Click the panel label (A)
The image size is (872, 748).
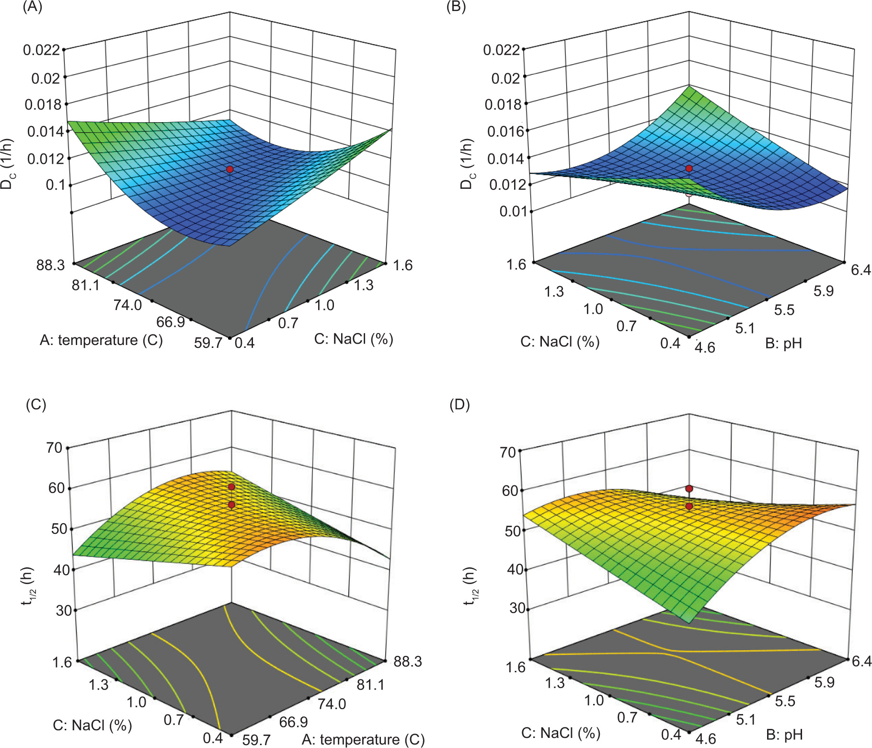pyautogui.click(x=33, y=7)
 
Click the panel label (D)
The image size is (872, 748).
pyautogui.click(x=459, y=405)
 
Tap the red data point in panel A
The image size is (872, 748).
pyautogui.click(x=230, y=169)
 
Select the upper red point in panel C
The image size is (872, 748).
pyautogui.click(x=231, y=487)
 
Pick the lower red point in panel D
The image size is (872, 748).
pyautogui.click(x=689, y=506)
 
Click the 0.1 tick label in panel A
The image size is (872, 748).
pyautogui.click(x=55, y=184)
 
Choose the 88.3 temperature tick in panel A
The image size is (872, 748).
pyautogui.click(x=50, y=265)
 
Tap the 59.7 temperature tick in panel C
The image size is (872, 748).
pyautogui.click(x=256, y=739)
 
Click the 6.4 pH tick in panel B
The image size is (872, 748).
pyautogui.click(x=861, y=270)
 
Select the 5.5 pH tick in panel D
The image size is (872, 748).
pyautogui.click(x=785, y=702)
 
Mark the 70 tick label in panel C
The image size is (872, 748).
pyautogui.click(x=54, y=448)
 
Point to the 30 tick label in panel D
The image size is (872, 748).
pyautogui.click(x=517, y=608)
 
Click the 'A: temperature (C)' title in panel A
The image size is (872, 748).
pyautogui.click(x=101, y=340)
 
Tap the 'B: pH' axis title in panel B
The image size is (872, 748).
pyautogui.click(x=783, y=343)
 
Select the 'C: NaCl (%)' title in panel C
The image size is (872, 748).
pyautogui.click(x=92, y=725)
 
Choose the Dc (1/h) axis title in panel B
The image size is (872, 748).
pyautogui.click(x=466, y=164)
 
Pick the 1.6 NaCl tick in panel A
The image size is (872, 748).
pyautogui.click(x=402, y=265)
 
